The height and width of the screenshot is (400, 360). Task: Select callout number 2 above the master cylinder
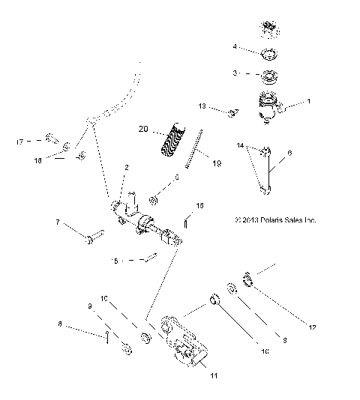tap(127, 167)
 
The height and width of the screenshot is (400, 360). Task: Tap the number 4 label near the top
tap(235, 46)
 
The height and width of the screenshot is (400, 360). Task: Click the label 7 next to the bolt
tap(57, 222)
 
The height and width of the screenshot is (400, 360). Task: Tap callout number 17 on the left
tap(19, 140)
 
